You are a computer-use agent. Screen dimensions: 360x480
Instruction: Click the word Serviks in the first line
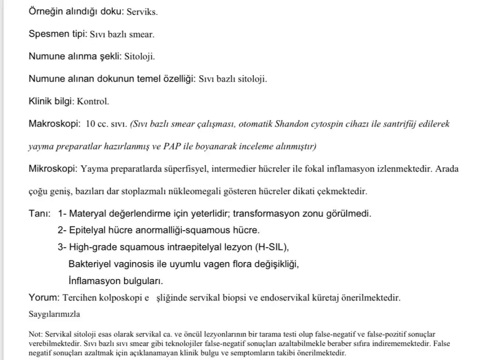[142, 12]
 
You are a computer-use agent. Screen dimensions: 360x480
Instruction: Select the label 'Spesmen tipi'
[57, 34]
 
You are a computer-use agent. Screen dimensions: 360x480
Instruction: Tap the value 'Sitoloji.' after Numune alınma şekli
[139, 57]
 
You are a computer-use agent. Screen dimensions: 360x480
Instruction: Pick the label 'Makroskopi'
[54, 124]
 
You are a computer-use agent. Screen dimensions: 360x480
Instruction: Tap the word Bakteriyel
[90, 264]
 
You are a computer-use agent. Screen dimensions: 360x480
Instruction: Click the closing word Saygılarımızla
[54, 314]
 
